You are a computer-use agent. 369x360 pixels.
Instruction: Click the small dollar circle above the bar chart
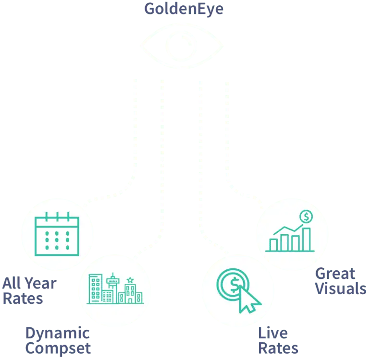click(x=305, y=217)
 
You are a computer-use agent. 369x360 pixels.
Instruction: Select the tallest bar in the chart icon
click(x=306, y=239)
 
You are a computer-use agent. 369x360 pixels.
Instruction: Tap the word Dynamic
click(x=57, y=333)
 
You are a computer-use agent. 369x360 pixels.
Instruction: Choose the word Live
click(x=273, y=332)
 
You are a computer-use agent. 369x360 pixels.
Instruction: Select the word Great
click(x=335, y=274)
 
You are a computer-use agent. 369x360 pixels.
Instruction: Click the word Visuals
click(x=340, y=289)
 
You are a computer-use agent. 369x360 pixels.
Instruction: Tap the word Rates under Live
click(x=279, y=347)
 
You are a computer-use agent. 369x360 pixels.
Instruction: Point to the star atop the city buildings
click(x=130, y=280)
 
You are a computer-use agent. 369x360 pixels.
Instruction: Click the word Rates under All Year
click(x=23, y=299)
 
